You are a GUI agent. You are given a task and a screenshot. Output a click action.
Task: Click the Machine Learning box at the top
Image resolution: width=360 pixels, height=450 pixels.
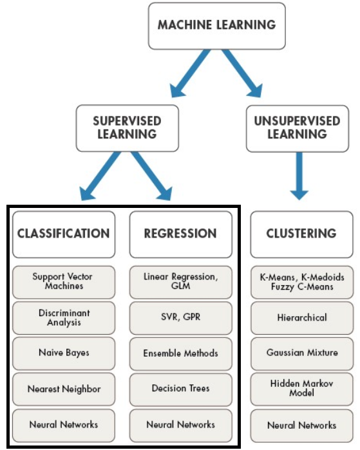216,26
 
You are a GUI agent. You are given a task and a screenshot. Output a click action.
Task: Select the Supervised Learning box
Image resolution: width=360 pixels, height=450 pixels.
127,127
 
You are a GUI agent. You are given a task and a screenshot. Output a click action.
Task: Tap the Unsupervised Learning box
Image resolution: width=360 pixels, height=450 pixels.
297,127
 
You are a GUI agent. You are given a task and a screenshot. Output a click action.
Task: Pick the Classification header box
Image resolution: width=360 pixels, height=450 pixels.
63,233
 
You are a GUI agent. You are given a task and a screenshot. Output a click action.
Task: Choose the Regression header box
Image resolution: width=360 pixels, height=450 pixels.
181,233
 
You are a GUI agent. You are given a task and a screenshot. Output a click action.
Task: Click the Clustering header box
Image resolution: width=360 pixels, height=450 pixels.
301,233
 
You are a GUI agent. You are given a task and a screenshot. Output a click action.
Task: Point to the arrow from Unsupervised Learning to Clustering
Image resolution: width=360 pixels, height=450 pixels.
298,175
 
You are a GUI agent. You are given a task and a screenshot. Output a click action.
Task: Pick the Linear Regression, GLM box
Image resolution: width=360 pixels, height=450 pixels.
181,281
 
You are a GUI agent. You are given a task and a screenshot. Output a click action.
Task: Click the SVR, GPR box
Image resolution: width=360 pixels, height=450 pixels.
181,317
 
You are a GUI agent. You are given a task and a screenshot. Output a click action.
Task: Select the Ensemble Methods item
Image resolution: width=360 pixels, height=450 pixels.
181,353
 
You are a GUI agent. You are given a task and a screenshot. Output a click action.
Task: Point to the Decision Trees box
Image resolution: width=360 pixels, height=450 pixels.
181,389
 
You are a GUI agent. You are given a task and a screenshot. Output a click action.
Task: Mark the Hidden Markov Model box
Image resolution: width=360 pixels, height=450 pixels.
301,388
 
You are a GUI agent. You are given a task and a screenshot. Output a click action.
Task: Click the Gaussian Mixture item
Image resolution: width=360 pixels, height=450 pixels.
301,353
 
